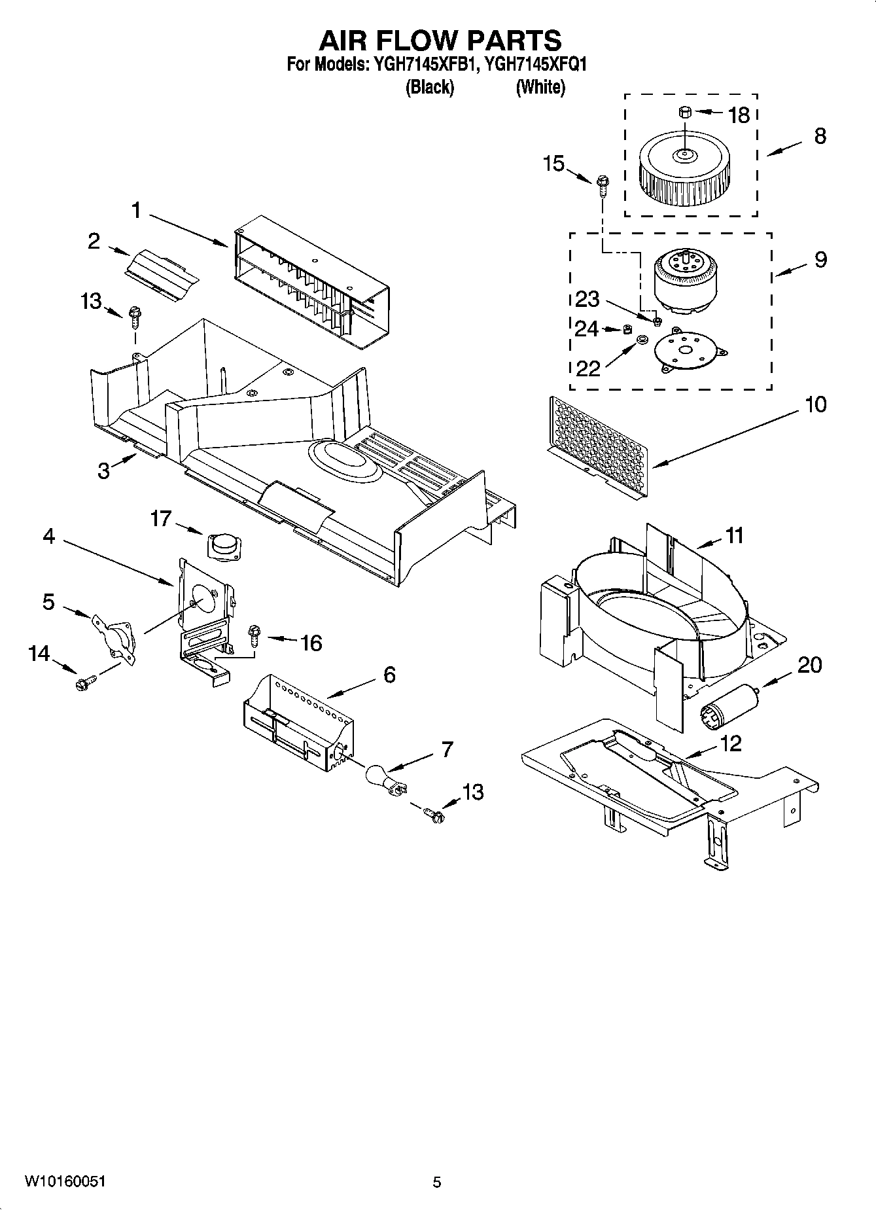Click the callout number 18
pos(739,116)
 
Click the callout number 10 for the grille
pos(816,405)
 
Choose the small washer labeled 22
pos(641,340)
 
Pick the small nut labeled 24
pos(625,328)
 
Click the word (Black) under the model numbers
pos(430,87)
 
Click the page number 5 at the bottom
pos(437,1182)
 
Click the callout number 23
pos(587,299)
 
